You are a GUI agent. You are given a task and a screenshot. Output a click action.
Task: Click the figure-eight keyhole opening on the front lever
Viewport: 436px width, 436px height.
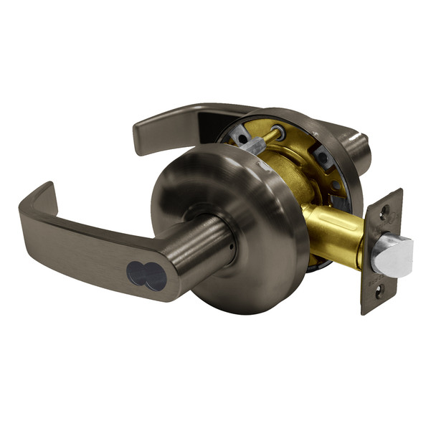pyautogui.click(x=146, y=274)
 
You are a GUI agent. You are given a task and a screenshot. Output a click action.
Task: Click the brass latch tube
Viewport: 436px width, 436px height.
pyautogui.click(x=337, y=237)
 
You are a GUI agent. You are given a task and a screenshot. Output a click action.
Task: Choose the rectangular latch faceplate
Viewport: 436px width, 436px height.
pyautogui.click(x=380, y=251)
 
